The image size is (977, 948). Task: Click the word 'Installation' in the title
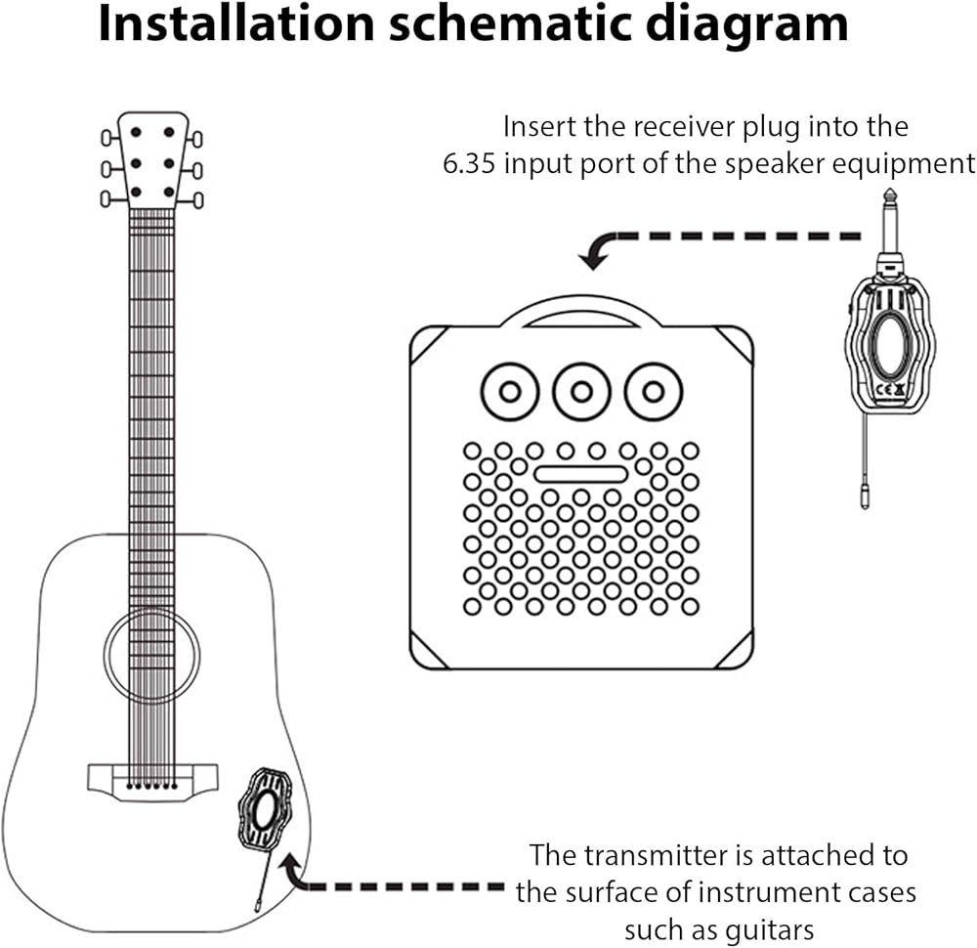click(236, 23)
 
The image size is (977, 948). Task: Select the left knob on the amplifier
click(510, 392)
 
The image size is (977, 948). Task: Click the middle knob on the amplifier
click(581, 392)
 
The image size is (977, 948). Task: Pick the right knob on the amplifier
click(654, 392)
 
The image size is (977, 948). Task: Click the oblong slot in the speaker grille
click(580, 474)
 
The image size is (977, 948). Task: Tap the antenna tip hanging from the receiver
click(865, 498)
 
